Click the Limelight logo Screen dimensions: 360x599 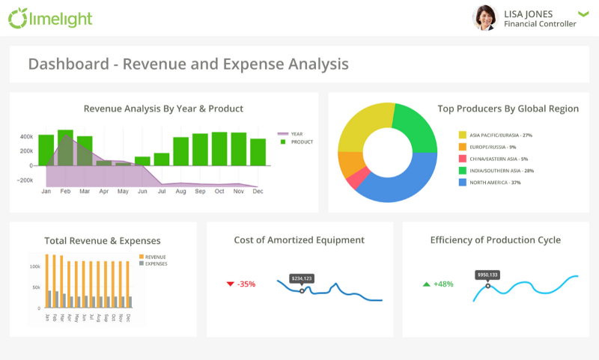click(x=50, y=18)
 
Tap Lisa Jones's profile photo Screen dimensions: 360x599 click(x=485, y=18)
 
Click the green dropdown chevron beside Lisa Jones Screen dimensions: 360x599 click(x=584, y=14)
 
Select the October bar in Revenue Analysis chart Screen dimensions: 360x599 click(x=219, y=149)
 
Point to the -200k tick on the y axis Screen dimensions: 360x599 click(x=26, y=180)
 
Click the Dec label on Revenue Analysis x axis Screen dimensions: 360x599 click(x=258, y=192)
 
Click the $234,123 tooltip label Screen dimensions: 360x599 click(x=302, y=278)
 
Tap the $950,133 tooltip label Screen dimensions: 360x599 click(x=488, y=275)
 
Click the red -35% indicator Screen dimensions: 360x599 click(x=241, y=284)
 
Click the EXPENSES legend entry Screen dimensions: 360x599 click(x=156, y=263)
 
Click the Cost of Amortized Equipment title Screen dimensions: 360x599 click(x=299, y=240)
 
